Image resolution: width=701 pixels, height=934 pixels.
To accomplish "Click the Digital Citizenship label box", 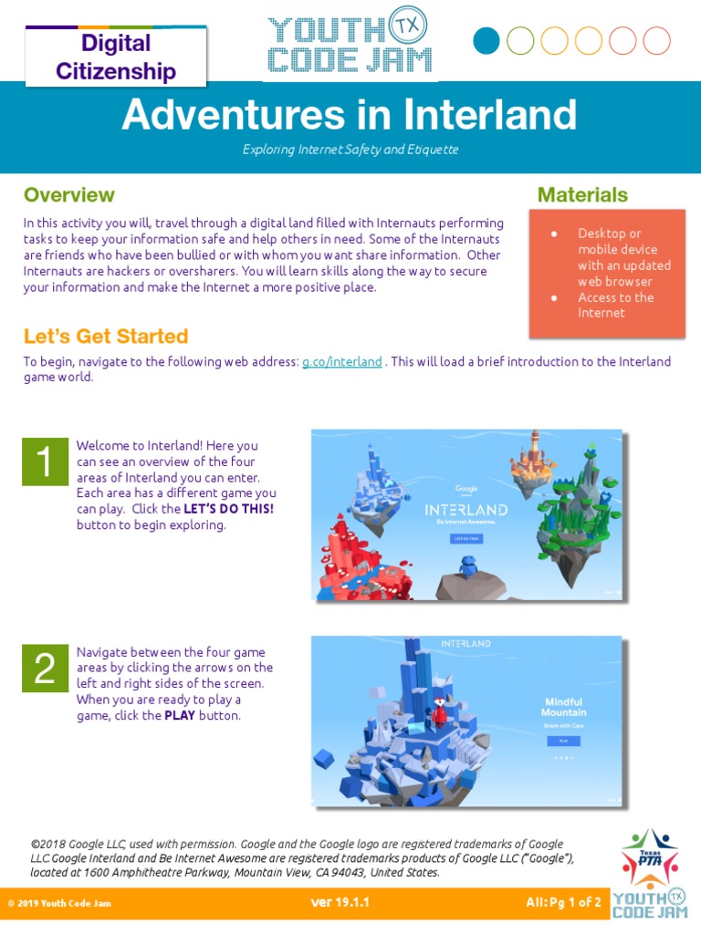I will click(116, 57).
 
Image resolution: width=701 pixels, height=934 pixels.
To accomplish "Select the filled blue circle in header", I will click(487, 40).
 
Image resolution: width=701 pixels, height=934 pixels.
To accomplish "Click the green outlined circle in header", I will click(520, 40).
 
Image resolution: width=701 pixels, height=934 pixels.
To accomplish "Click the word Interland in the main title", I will click(490, 115).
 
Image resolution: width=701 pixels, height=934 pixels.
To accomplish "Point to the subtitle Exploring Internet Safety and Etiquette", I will click(350, 150).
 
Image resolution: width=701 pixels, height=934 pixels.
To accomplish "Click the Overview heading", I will click(69, 195).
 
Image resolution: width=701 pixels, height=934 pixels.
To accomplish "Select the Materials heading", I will click(582, 195).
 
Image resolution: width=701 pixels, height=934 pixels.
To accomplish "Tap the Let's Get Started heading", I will click(106, 336).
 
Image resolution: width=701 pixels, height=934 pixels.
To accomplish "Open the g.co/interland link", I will click(342, 362).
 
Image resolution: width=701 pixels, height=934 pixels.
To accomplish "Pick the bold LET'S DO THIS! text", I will click(228, 509).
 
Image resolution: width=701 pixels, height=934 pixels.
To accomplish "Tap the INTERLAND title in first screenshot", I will click(466, 510).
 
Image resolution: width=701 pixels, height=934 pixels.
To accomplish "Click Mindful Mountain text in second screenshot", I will click(563, 707).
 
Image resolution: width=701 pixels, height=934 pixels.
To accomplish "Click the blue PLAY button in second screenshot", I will click(563, 742).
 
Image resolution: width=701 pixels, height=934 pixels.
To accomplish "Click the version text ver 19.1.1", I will click(340, 903).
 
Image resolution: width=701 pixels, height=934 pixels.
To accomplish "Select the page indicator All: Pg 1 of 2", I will click(563, 903).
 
